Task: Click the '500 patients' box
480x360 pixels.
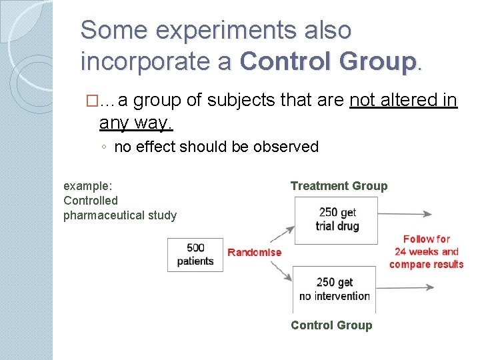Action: click(x=195, y=254)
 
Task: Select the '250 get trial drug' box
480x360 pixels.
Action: click(x=337, y=219)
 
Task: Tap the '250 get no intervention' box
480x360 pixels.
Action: click(x=334, y=289)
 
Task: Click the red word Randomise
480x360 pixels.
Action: click(x=255, y=252)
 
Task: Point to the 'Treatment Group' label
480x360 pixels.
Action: click(x=339, y=186)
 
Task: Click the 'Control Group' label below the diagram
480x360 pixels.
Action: click(x=331, y=325)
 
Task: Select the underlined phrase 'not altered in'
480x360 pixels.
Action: click(x=403, y=101)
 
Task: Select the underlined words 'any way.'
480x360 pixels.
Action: click(x=136, y=122)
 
